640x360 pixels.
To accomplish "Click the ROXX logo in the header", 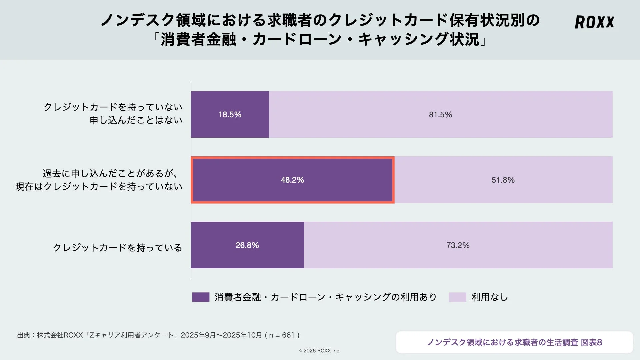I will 594,22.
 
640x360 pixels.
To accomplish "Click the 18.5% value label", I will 230,115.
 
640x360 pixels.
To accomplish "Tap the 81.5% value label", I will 440,115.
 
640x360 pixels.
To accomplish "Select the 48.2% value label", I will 292,180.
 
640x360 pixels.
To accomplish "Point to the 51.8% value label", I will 503,180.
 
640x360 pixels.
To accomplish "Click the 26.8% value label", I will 247,245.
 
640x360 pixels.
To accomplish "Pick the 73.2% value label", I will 458,245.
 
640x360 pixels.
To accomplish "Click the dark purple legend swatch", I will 201,297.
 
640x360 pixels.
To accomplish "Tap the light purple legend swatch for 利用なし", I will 457,297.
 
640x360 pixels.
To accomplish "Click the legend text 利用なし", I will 489,297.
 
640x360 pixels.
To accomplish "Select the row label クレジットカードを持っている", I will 117,248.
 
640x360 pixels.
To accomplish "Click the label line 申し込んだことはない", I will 136,120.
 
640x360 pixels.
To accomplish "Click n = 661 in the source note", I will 282,335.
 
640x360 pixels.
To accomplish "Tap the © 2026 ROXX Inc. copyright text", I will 320,351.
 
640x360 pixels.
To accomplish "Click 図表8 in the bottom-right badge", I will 591,342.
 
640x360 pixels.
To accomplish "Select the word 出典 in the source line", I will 23,335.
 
